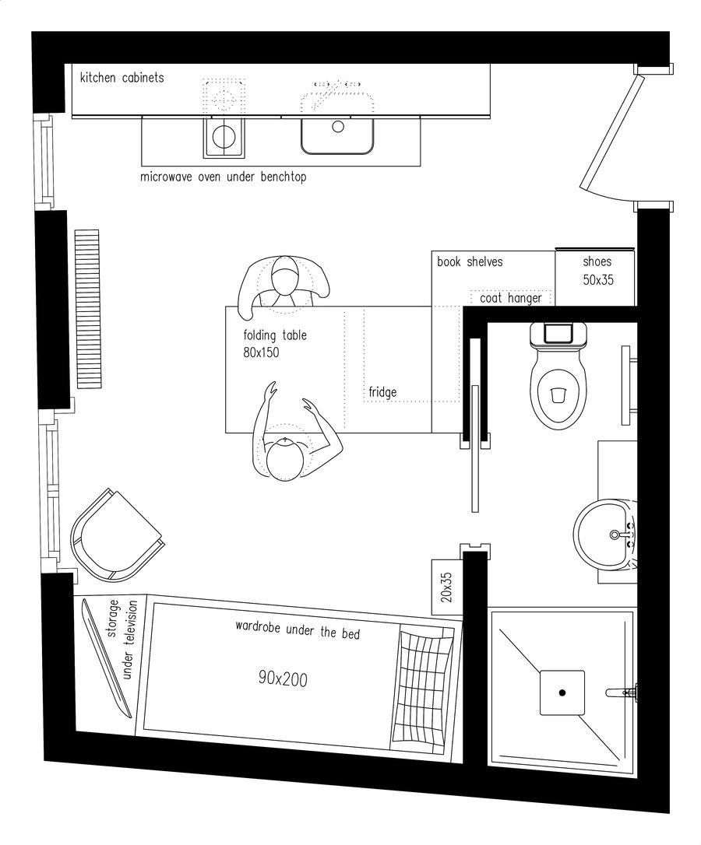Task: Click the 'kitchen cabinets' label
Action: pos(122,78)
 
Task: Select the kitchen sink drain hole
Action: pos(338,126)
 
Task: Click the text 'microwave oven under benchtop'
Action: pos(224,177)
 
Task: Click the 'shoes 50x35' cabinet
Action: pos(597,271)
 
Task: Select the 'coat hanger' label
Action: pos(511,298)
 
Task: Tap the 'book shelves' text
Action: pos(470,262)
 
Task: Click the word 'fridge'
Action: pos(382,392)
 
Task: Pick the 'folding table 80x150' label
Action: pos(274,344)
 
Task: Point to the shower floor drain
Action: pos(562,691)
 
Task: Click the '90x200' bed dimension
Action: pos(283,679)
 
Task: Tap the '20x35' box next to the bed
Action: pos(446,584)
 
